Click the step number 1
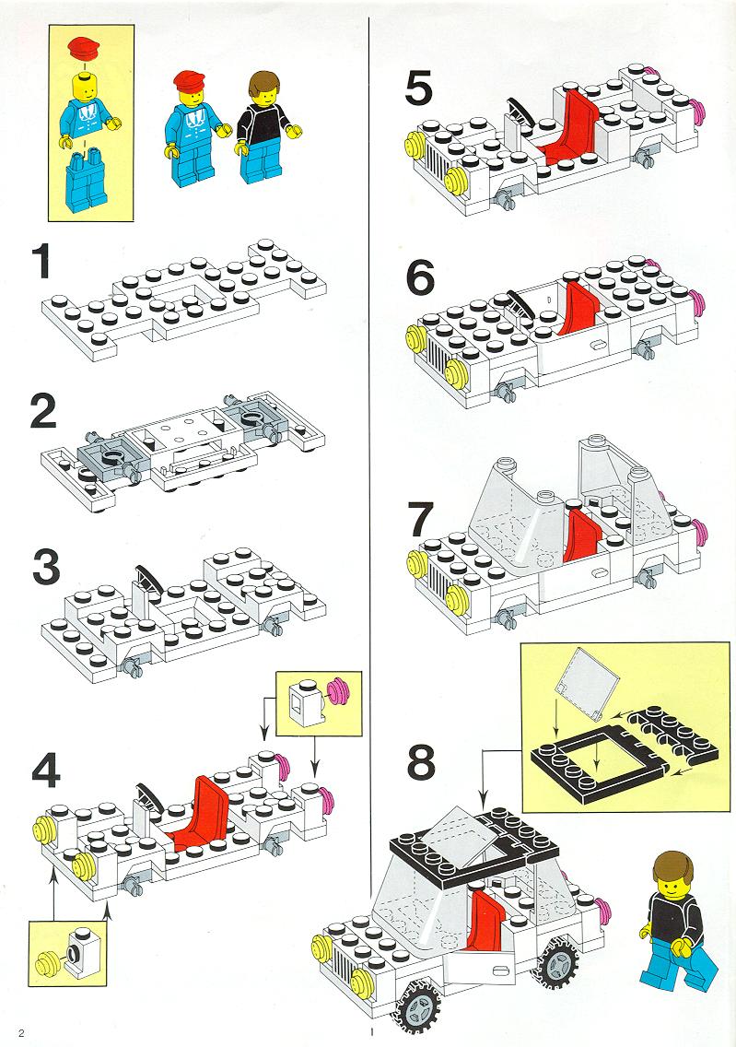tap(41, 262)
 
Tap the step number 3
tap(46, 568)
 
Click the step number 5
tap(419, 88)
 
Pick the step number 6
tap(420, 279)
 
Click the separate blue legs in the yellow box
tap(86, 181)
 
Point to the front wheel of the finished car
tap(418, 1002)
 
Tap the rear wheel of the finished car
tap(557, 964)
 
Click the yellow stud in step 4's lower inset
tap(47, 963)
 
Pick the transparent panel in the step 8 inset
tap(588, 681)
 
